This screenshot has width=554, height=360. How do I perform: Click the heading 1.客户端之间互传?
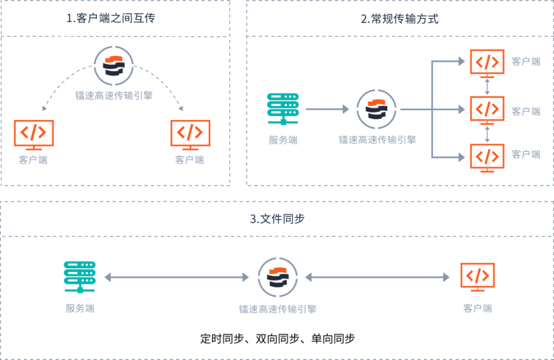pos(111,18)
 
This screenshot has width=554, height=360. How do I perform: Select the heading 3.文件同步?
pos(277,219)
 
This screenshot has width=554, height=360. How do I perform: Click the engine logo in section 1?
pos(114,65)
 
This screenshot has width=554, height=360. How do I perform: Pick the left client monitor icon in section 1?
pos(34,134)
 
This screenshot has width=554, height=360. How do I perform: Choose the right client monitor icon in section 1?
pos(190,134)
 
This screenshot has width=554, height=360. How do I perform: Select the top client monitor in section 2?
pos(488,63)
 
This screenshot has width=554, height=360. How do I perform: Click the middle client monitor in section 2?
pos(488,109)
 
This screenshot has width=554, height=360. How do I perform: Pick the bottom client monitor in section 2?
pos(488,156)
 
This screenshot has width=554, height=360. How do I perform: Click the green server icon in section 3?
pos(80,277)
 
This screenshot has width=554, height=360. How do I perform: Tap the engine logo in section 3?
pos(278,277)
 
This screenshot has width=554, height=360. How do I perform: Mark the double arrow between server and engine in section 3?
pos(177,277)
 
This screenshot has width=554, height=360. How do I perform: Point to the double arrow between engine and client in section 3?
pos(377,277)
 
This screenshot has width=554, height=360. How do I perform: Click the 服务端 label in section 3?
pos(80,308)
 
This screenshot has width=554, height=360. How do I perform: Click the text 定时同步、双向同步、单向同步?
pos(278,339)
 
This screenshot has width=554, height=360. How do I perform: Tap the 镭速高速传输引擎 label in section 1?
pos(114,96)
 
